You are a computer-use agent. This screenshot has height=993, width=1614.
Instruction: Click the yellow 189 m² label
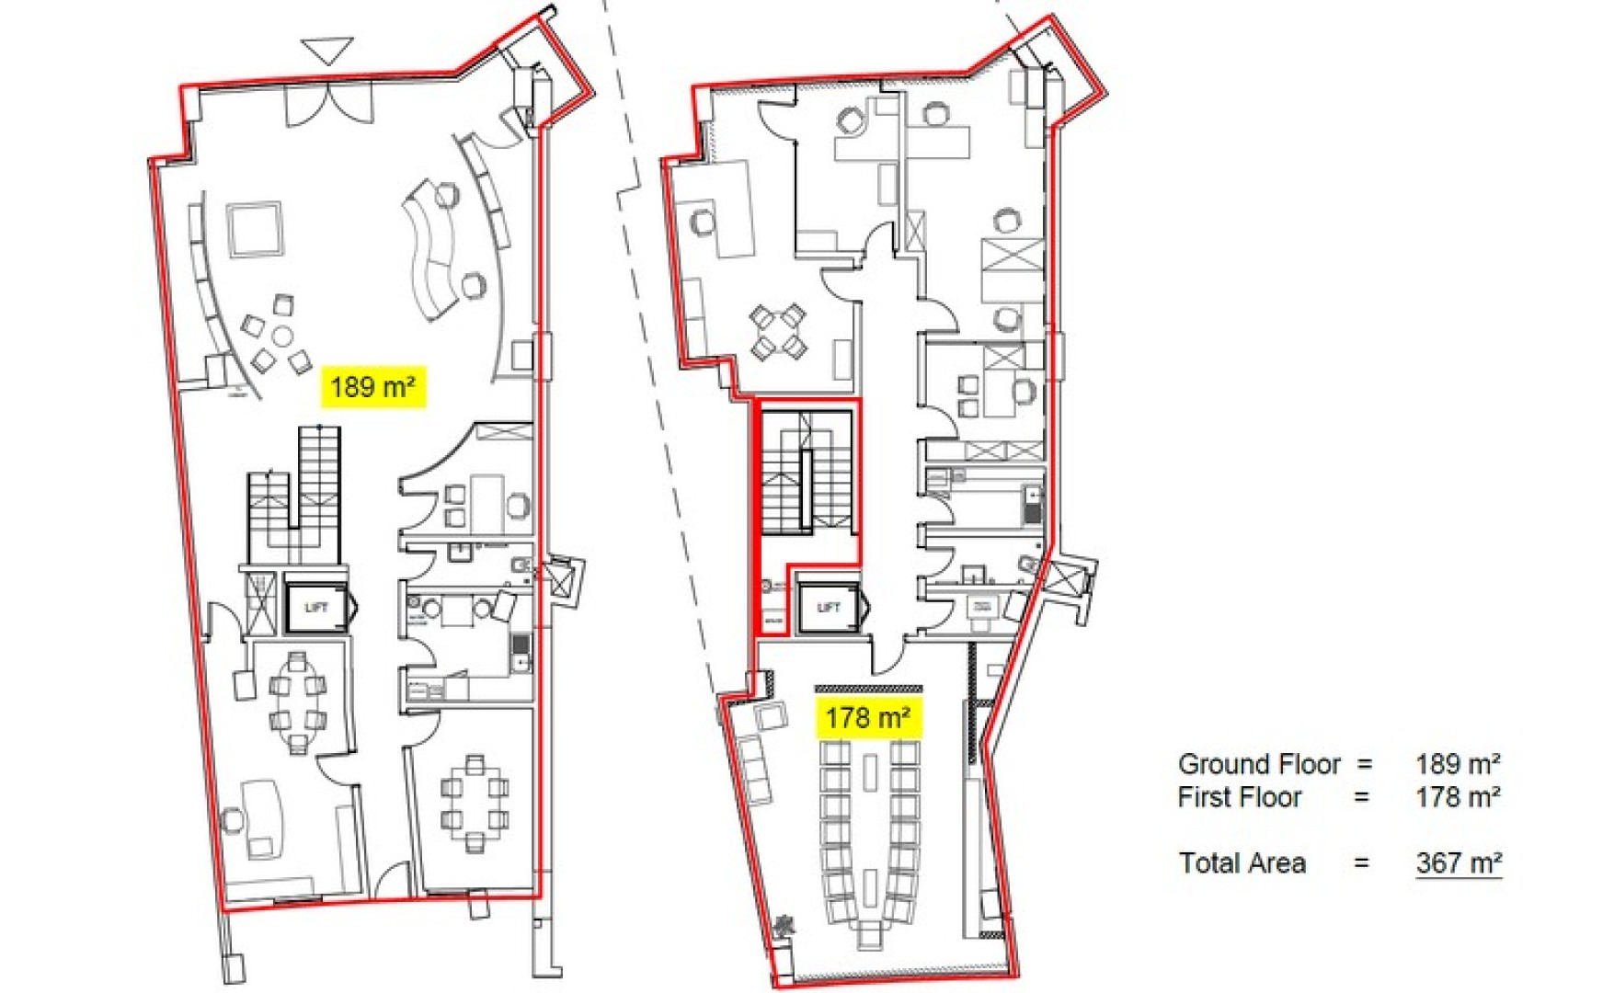click(372, 387)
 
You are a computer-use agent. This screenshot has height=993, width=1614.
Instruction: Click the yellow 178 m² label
click(868, 717)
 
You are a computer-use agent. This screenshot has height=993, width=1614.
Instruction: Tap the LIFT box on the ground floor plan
click(316, 607)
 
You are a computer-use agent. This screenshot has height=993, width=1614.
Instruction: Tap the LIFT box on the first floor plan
click(828, 607)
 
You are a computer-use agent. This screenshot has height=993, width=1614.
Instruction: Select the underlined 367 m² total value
click(1459, 863)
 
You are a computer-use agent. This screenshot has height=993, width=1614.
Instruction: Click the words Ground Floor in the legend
click(1259, 764)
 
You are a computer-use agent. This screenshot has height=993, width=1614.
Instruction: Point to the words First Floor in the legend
click(1239, 797)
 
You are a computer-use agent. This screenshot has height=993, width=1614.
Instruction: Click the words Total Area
click(1242, 863)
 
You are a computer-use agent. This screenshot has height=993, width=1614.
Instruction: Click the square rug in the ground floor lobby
click(254, 230)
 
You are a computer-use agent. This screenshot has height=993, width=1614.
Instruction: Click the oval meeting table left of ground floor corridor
click(297, 703)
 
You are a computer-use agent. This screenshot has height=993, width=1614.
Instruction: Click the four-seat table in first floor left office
click(778, 333)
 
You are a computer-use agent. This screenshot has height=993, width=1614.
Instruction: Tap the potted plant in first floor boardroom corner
click(784, 924)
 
